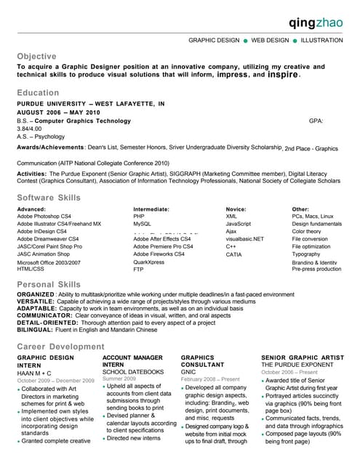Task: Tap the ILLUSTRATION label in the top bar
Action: [x=322, y=41]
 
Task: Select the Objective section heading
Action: [x=36, y=56]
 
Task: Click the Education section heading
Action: [x=39, y=93]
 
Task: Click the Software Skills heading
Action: [x=50, y=198]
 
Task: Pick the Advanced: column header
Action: [x=31, y=209]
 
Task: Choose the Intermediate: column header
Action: [x=151, y=209]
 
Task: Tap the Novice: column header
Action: [x=236, y=209]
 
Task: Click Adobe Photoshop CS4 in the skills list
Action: [x=44, y=217]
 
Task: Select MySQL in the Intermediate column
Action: [x=142, y=225]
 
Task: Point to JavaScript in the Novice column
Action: [x=239, y=225]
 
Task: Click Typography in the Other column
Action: [x=306, y=254]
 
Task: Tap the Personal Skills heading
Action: [x=49, y=284]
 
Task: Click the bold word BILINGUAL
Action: [x=35, y=330]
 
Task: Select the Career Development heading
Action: [x=60, y=347]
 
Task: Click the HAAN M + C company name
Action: [x=34, y=373]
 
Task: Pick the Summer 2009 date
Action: [x=119, y=379]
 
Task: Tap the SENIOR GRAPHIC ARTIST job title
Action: [x=303, y=357]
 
